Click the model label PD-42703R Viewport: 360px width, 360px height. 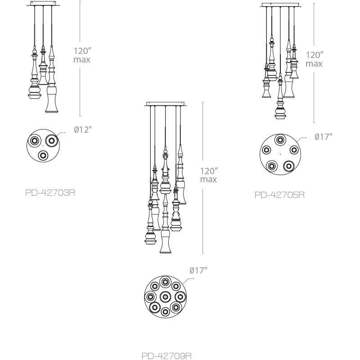(50, 193)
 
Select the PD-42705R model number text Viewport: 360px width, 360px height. (279, 195)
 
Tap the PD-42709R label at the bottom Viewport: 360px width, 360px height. (166, 355)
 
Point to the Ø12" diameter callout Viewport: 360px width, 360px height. (83, 130)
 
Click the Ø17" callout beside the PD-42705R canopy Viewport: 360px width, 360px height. (323, 137)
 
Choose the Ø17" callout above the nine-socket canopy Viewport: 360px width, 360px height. (198, 270)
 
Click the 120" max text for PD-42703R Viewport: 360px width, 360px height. (82, 55)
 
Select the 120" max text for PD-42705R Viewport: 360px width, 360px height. (314, 59)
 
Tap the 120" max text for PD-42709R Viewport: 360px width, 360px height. (208, 175)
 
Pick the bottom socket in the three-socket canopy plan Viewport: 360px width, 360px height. (43, 155)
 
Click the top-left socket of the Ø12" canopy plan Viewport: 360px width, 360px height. (34, 141)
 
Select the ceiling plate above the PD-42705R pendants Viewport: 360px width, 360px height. (280, 5)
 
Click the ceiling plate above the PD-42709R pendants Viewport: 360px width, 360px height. (165, 104)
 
